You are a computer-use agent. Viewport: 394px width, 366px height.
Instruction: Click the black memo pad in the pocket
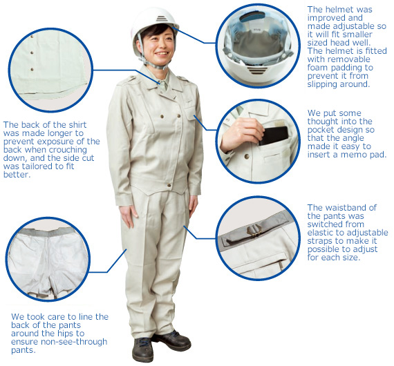(274, 135)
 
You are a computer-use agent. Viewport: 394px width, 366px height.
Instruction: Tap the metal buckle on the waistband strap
(254, 231)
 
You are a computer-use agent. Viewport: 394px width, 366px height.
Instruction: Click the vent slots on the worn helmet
(161, 19)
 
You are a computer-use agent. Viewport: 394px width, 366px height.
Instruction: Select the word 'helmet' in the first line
(341, 10)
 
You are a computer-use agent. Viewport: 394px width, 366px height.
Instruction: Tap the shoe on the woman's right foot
(142, 349)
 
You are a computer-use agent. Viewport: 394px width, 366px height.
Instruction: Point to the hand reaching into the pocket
(241, 134)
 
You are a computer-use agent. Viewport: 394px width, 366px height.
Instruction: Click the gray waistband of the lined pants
(48, 232)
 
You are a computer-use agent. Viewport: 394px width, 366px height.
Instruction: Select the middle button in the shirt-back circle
(32, 53)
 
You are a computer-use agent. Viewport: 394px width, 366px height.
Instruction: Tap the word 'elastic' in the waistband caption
(317, 233)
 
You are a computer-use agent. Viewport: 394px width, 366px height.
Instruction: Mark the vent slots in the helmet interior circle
(257, 70)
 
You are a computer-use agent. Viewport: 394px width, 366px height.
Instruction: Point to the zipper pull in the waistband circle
(281, 265)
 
